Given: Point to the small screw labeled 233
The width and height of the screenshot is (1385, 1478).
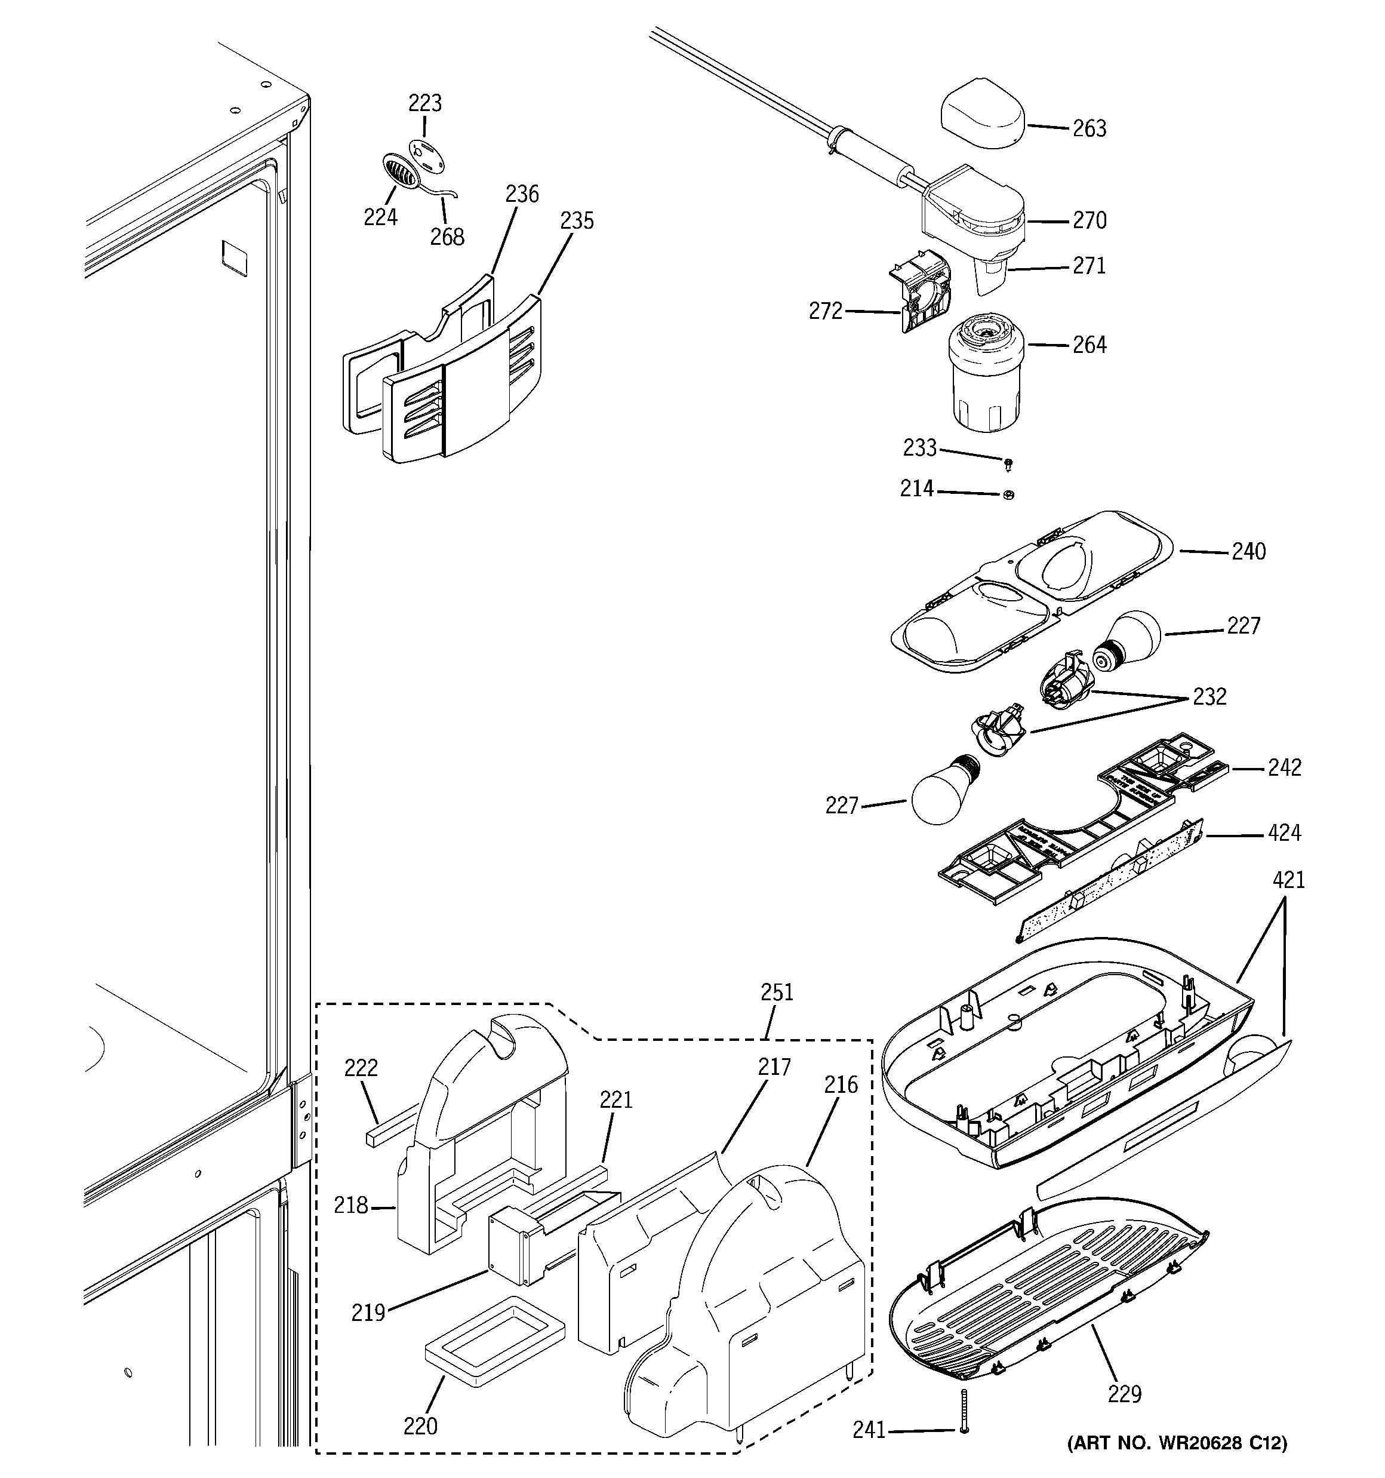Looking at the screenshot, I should (1008, 465).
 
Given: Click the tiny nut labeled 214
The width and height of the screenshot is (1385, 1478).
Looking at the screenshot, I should (1008, 494).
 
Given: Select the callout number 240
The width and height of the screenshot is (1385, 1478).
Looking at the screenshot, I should (1248, 552).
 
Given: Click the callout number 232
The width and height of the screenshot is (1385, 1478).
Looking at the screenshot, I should (1209, 697).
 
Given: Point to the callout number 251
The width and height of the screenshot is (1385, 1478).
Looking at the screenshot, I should (777, 992).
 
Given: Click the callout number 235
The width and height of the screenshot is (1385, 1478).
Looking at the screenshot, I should (577, 221).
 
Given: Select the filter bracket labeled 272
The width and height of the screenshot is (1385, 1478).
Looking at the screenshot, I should (927, 291).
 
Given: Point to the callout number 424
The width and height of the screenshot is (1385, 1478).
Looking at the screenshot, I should (1284, 832).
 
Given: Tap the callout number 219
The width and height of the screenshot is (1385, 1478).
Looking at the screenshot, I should (369, 1313).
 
